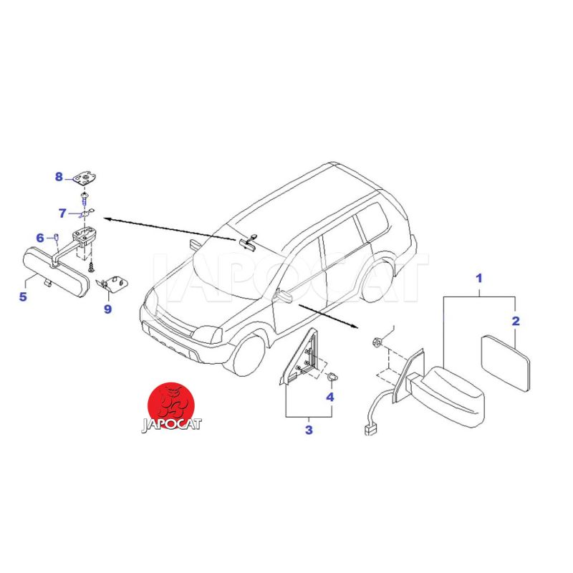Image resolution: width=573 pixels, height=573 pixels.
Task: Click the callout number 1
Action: [478, 279]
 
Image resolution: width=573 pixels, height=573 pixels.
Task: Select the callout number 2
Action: [515, 321]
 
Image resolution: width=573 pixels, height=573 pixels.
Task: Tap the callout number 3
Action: [309, 430]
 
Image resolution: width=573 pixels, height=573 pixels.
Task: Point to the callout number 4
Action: [330, 397]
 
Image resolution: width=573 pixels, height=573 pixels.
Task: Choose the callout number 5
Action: [23, 297]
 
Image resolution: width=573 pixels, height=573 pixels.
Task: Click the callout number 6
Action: [40, 239]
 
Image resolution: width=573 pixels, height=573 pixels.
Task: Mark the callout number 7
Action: [62, 213]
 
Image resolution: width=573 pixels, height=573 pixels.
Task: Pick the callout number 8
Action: [59, 177]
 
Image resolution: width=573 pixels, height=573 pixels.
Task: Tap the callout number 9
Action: [107, 309]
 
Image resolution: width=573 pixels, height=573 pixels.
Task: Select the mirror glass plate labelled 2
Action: [506, 363]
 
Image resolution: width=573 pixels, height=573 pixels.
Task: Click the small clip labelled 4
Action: [332, 377]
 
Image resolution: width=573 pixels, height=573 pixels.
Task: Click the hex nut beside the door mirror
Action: [377, 342]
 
